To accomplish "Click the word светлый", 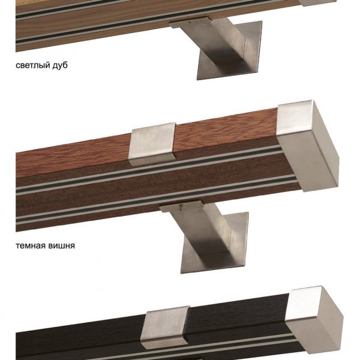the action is [x=33, y=65].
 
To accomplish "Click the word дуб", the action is [x=60, y=65].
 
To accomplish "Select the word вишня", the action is [x=61, y=245].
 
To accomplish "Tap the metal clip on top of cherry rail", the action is [x=152, y=144].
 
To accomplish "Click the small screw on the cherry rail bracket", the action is [x=181, y=208].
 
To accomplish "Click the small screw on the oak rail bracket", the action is [x=189, y=23].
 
